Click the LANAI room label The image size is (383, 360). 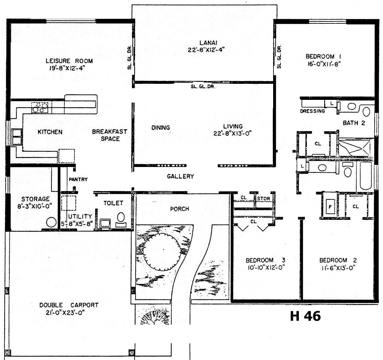[208, 43]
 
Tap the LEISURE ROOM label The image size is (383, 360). [69, 61]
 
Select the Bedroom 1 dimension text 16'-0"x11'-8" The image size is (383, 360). [324, 64]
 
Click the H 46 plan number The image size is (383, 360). [305, 316]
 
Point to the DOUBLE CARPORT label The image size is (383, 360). [69, 305]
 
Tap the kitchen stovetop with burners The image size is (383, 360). [40, 108]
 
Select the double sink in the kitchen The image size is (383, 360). [17, 137]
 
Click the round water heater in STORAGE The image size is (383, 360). [51, 222]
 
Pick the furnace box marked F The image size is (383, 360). [330, 207]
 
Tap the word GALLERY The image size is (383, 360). [181, 176]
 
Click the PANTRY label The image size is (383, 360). [78, 179]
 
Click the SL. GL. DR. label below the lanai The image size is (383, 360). [203, 86]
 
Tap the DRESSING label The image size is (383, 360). [313, 111]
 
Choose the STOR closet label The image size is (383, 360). [263, 199]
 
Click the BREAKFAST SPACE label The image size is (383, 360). [110, 135]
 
